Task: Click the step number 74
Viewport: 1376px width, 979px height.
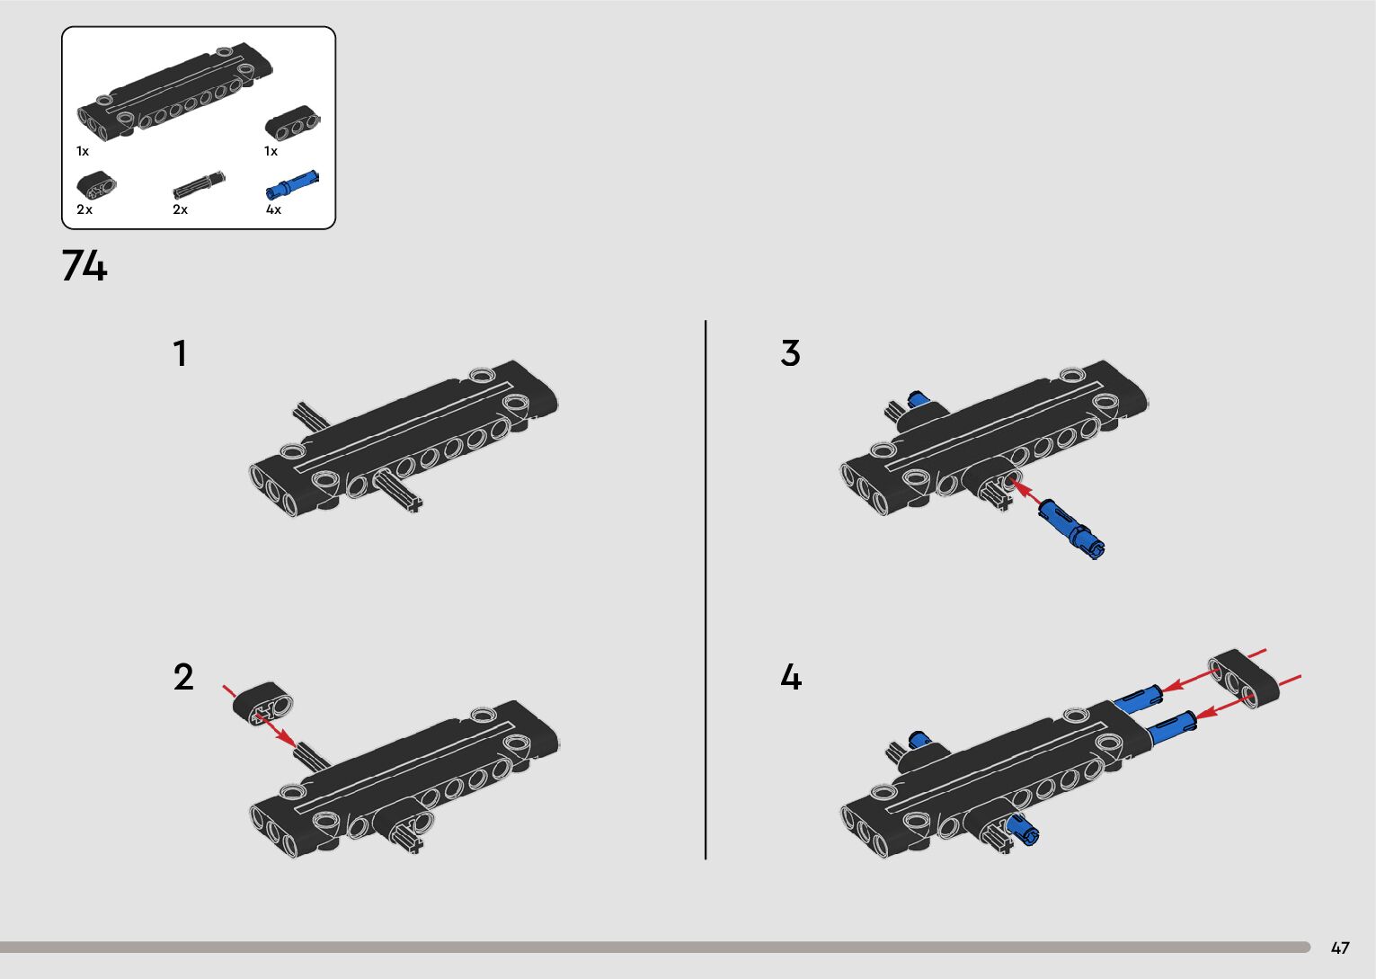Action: coord(84,265)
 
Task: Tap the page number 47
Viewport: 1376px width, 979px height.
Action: coord(1340,948)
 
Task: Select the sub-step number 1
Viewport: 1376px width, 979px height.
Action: coord(180,353)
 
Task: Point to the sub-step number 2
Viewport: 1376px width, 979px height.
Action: coord(183,677)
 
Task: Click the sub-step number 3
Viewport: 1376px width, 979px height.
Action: coord(791,353)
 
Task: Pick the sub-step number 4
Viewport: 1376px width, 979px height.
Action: coord(791,677)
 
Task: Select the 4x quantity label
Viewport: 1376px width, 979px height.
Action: coord(273,209)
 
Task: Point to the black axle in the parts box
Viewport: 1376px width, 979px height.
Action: coord(199,185)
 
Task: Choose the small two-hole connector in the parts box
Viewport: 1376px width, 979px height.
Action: coord(96,185)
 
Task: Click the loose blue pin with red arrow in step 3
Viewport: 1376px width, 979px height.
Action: coord(1072,528)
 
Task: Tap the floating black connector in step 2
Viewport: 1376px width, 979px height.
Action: coord(263,704)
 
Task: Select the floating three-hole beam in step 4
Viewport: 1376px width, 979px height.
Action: coord(1243,679)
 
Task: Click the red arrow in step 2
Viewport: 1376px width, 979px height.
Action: coord(259,715)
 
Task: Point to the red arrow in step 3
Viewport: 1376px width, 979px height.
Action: coord(1025,494)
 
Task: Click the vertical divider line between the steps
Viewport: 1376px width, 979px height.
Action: coord(706,590)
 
